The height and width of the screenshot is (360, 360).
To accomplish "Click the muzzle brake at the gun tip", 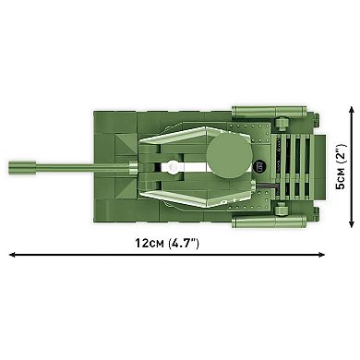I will pos(17,167).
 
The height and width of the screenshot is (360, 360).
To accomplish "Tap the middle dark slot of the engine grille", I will pos(296,167).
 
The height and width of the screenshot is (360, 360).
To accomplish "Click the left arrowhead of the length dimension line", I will pos(12,254).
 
